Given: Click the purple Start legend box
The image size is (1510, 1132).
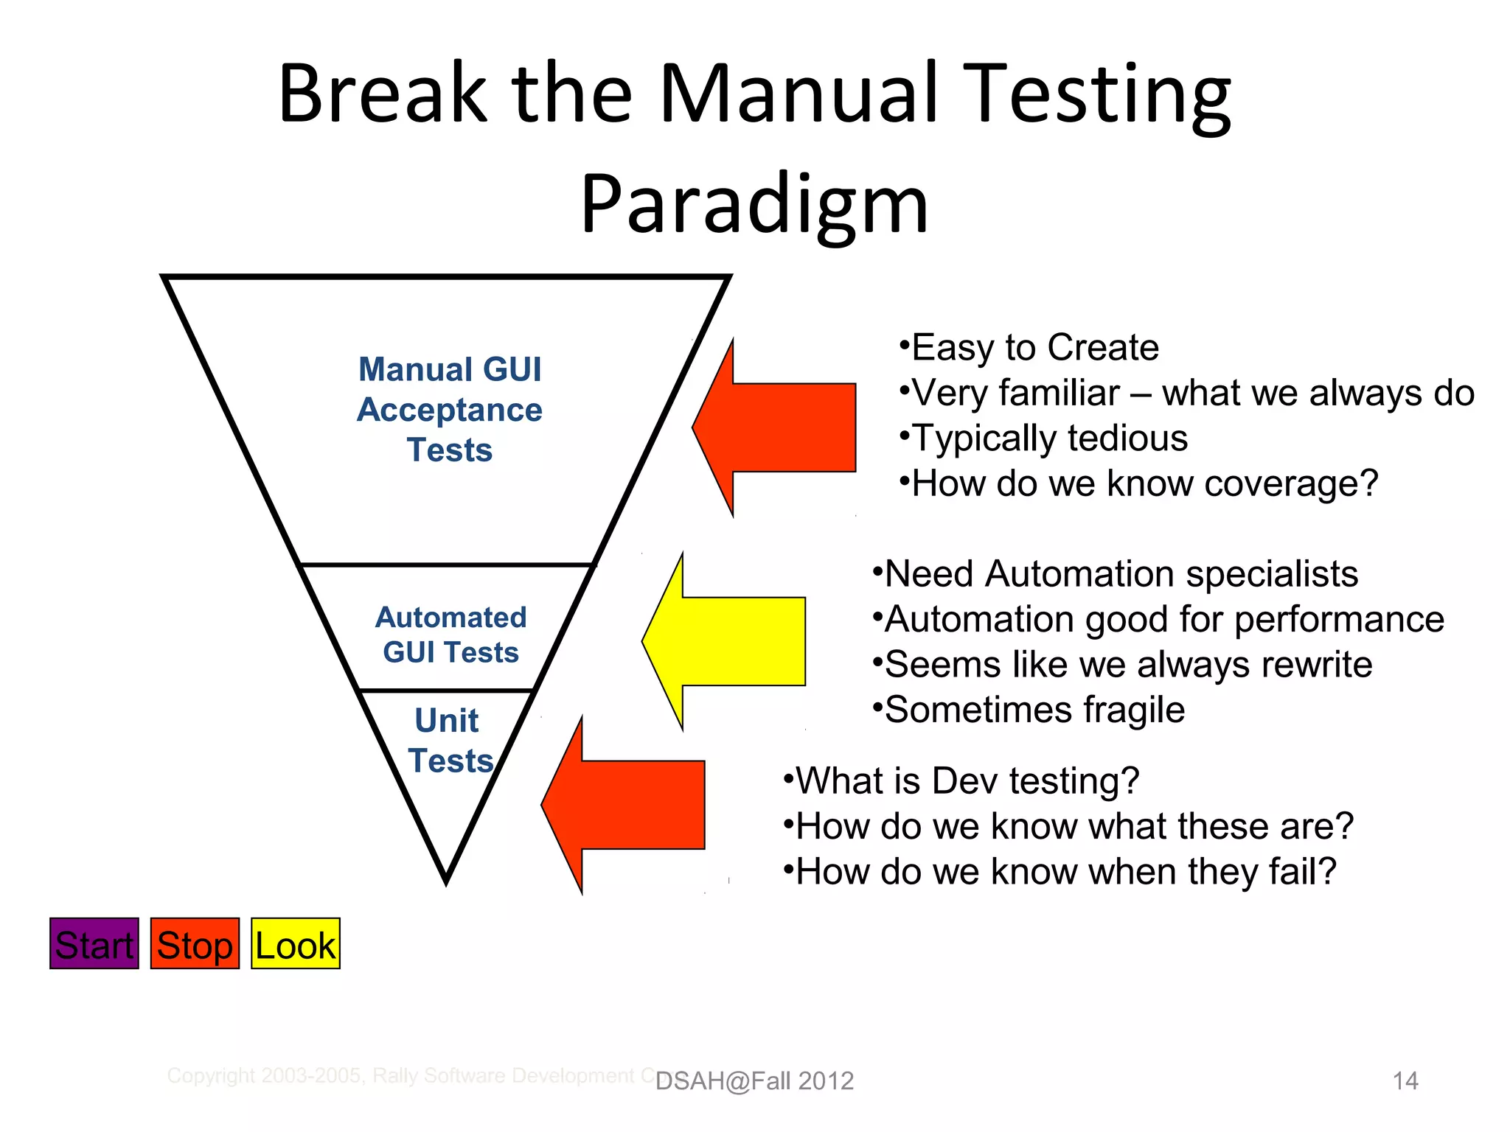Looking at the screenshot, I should pos(94,943).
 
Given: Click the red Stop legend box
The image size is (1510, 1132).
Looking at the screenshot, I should pos(195,943).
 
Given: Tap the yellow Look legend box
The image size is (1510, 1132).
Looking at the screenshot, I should pos(296,943).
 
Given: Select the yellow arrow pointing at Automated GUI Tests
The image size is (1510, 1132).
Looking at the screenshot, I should pos(730,641).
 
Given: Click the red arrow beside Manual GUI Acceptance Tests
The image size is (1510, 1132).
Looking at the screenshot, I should pos(782,427).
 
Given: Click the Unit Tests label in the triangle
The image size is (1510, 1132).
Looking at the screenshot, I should pos(448,740).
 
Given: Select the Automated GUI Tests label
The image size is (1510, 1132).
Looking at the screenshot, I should pos(450,635).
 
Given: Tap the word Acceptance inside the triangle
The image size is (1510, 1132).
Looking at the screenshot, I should pos(449,410).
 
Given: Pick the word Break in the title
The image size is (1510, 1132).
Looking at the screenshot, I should pos(383,94).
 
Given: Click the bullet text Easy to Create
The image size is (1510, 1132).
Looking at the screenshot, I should pos(1034,347).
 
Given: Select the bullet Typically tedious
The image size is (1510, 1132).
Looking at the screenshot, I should pos(1049,438).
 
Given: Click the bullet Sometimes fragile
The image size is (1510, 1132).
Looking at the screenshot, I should pos(1034,710).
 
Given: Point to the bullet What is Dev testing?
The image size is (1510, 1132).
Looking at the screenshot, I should pos(967,780).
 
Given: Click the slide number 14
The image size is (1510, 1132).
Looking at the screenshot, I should pos(1405,1080).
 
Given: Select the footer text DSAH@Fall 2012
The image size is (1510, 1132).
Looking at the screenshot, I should pos(754,1080).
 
